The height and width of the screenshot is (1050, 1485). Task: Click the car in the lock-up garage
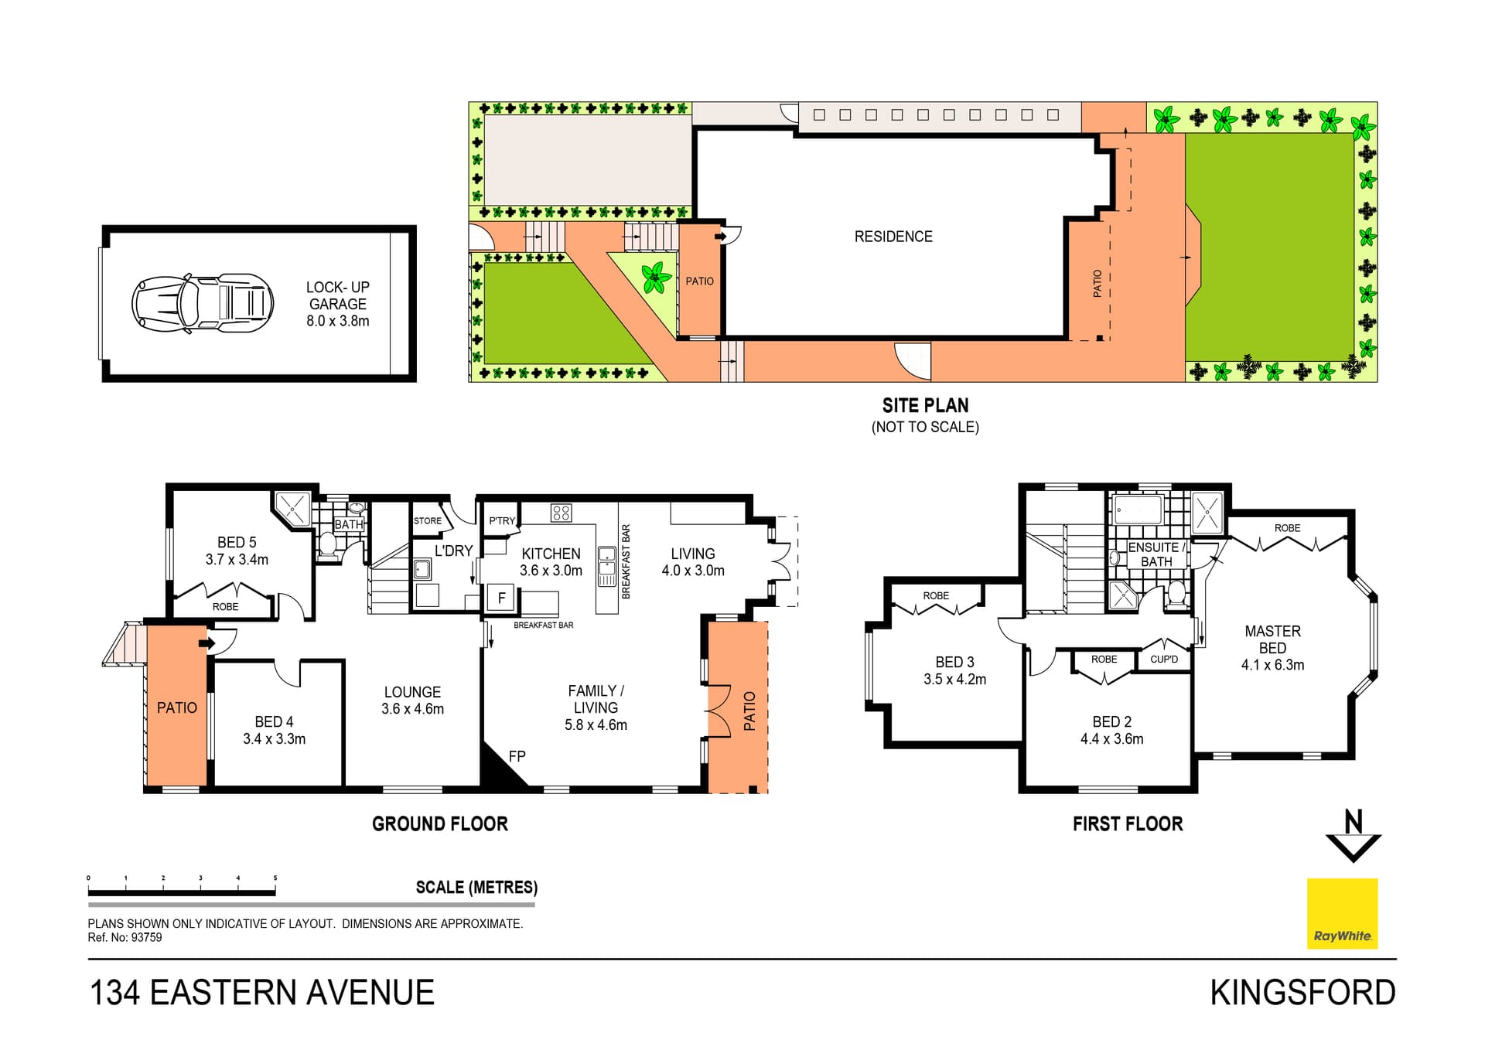(x=203, y=303)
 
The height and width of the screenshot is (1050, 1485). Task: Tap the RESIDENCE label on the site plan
(x=893, y=237)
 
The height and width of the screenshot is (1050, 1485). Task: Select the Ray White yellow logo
(x=1342, y=913)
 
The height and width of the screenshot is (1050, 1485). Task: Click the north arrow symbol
(x=1354, y=837)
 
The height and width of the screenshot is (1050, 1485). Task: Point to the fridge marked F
(x=501, y=598)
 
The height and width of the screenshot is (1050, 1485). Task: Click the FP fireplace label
(x=517, y=756)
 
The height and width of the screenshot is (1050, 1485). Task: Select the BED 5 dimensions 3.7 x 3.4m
(x=237, y=560)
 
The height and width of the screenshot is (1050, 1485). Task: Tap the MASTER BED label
(x=1272, y=639)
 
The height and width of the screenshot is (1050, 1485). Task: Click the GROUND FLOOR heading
(x=439, y=824)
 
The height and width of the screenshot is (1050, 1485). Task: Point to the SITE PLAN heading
(x=925, y=406)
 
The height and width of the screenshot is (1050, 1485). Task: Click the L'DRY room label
(x=453, y=551)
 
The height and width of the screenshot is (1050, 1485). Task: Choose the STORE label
(x=427, y=521)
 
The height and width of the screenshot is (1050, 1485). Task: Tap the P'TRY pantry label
(x=501, y=521)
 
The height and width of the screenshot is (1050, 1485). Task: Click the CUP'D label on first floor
(x=1163, y=660)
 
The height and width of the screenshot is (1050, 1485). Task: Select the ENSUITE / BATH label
(x=1156, y=554)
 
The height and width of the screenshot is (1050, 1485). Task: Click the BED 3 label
(x=954, y=662)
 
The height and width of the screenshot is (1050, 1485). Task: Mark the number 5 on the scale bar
(x=275, y=878)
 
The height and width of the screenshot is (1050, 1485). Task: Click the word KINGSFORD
(x=1302, y=993)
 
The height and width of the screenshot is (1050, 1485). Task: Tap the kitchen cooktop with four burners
(x=561, y=513)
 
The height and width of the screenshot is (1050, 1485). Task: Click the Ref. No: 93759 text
(x=125, y=938)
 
